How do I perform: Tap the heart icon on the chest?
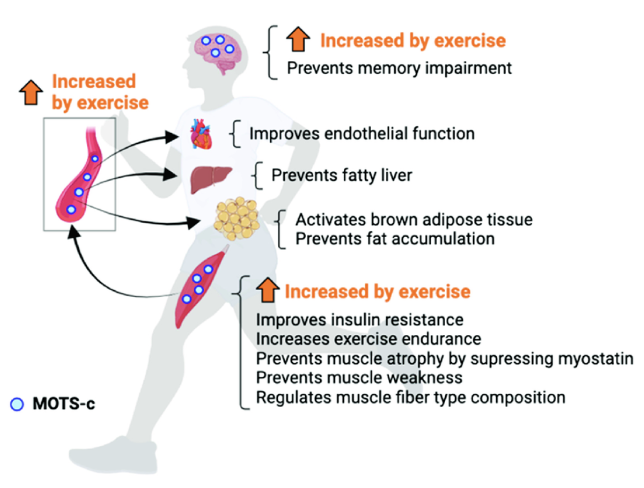(201, 134)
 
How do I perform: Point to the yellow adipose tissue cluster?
(236, 218)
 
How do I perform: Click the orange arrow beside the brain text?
(298, 39)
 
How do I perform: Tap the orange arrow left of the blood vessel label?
(31, 92)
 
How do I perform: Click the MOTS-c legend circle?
(17, 404)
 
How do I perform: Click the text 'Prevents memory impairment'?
(399, 68)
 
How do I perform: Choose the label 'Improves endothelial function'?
(362, 134)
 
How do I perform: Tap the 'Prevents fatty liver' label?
(342, 175)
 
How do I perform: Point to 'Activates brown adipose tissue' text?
(414, 219)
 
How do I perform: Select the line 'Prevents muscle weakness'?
(359, 378)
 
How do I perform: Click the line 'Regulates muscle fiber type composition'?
(411, 398)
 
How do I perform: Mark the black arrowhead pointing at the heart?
(171, 137)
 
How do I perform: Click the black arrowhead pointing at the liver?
(170, 175)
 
